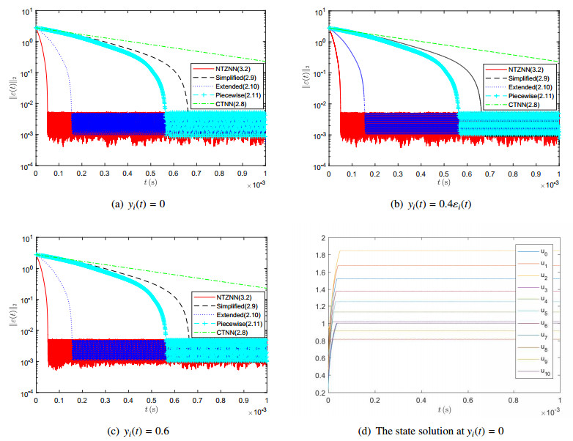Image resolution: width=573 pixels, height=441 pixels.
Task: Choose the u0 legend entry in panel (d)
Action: tap(541, 253)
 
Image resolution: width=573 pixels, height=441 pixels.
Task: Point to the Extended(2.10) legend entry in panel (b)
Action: tap(525, 87)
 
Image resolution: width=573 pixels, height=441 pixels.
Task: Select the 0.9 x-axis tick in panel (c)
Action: tap(243, 401)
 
